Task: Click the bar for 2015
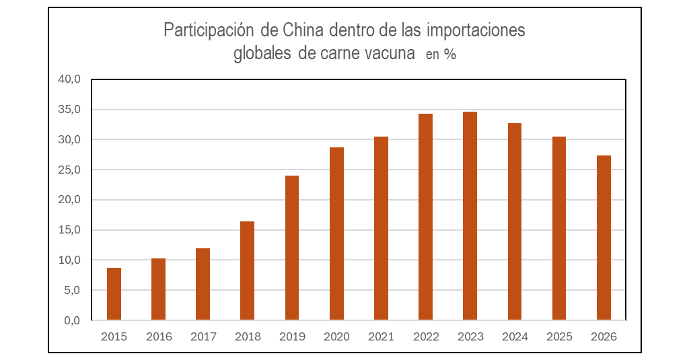(114, 294)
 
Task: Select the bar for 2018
(247, 271)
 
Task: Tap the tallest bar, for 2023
(470, 216)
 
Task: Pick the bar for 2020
(336, 233)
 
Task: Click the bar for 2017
(203, 284)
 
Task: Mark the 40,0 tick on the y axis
(69, 79)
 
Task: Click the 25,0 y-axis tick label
(69, 170)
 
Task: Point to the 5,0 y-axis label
(72, 290)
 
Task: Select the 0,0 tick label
(72, 320)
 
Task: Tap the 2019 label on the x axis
(292, 336)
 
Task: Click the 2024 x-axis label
(515, 336)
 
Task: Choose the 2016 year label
(159, 336)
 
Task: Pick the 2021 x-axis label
(381, 336)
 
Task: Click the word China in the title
(303, 31)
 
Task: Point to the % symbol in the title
(450, 55)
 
